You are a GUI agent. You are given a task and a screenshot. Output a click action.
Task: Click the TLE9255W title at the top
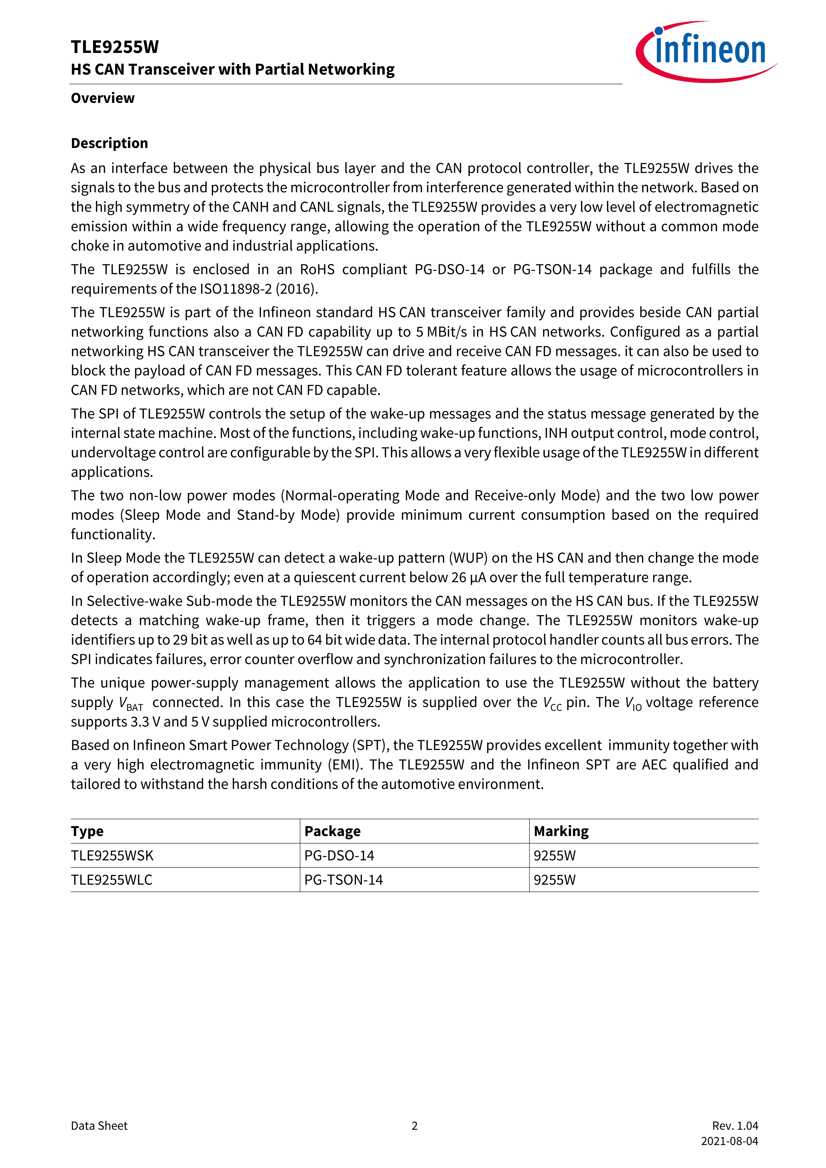(115, 47)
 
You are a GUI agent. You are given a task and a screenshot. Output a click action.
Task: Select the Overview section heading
(103, 98)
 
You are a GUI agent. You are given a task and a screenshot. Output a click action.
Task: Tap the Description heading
(109, 144)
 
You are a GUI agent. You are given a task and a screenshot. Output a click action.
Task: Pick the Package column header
(332, 831)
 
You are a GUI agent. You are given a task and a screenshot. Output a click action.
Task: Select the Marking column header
(561, 831)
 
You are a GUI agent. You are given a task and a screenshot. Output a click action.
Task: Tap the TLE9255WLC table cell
(112, 880)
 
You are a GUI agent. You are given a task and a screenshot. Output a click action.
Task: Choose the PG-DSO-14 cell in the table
(339, 856)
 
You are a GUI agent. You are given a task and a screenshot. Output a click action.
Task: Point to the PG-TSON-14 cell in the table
(343, 880)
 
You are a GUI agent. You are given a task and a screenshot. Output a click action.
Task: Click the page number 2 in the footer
(414, 1126)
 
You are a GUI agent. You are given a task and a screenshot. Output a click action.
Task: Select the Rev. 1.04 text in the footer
(735, 1126)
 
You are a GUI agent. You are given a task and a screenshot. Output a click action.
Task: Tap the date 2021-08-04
(729, 1141)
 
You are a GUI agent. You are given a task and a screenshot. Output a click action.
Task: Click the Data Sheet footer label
(99, 1126)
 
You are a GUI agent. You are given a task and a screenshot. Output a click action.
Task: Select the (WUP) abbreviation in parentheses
(468, 558)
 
